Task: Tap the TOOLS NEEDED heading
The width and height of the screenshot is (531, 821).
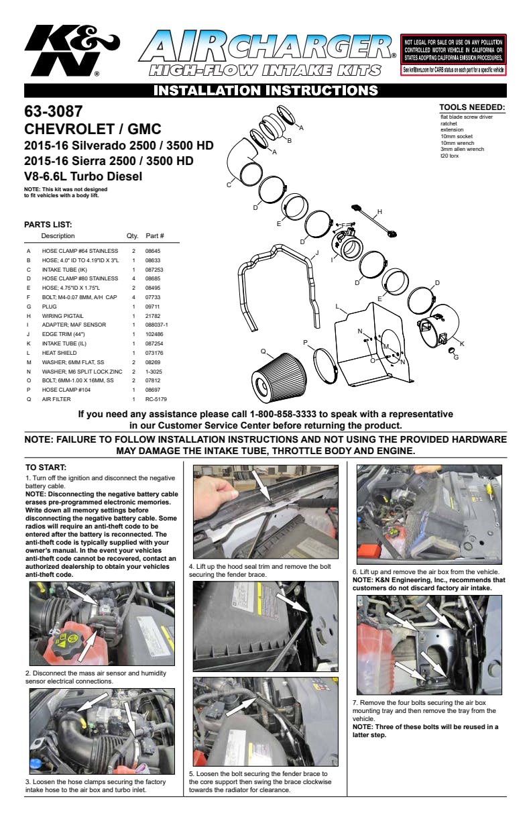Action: click(x=471, y=107)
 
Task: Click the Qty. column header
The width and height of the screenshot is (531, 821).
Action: click(x=132, y=236)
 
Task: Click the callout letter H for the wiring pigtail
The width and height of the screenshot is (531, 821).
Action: click(x=379, y=212)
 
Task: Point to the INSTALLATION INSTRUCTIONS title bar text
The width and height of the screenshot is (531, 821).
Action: click(x=265, y=91)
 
